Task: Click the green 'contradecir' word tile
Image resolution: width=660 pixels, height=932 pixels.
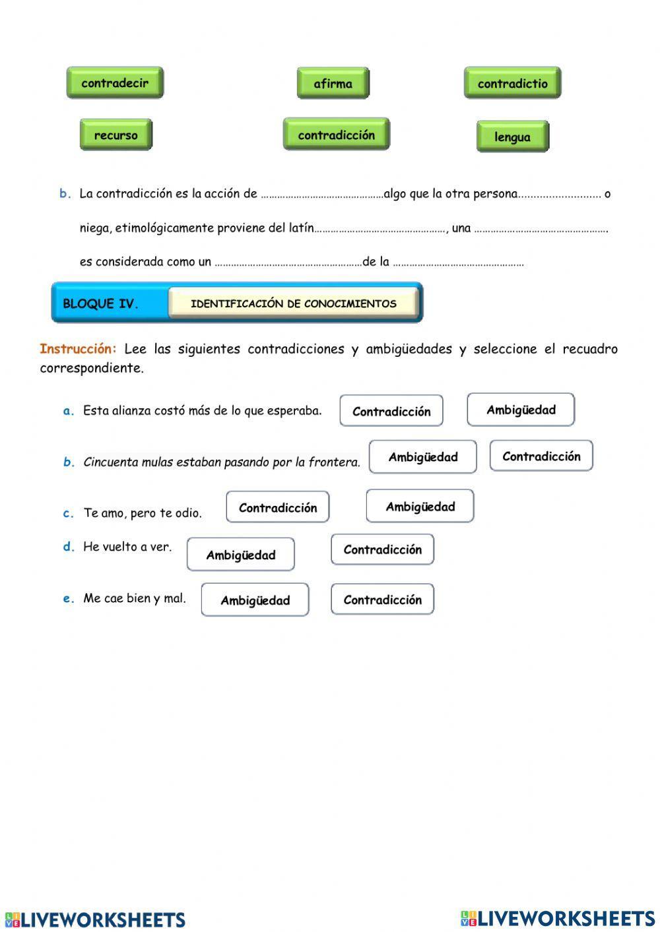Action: [x=115, y=83]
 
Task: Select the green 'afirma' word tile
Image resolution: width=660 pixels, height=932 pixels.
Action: [x=333, y=84]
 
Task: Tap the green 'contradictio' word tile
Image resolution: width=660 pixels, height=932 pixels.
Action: [x=512, y=84]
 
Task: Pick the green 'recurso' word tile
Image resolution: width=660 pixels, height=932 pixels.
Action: [x=116, y=135]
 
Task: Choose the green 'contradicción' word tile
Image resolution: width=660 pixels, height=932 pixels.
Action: [x=336, y=135]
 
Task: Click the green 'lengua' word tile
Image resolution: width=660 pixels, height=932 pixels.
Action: [x=512, y=137]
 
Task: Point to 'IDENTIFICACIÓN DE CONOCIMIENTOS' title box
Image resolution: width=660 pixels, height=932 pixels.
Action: [x=294, y=303]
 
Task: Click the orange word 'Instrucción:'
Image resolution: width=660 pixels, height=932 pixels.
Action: [x=78, y=349]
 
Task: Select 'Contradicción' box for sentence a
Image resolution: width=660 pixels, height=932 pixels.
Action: [x=391, y=412]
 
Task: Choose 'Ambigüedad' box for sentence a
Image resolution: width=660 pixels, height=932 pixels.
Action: [x=521, y=410]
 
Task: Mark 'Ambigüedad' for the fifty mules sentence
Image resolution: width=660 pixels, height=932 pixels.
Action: [x=422, y=457]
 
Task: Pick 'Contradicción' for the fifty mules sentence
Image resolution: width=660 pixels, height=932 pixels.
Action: [x=541, y=456]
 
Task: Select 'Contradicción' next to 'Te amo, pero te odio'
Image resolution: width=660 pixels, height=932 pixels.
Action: [x=278, y=508]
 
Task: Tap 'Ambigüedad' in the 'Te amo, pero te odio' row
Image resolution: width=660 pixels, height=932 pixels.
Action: [x=420, y=507]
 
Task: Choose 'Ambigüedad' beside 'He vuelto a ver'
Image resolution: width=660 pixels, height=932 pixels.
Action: [x=241, y=555]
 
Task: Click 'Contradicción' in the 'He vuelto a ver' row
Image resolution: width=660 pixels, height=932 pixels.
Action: [x=382, y=550]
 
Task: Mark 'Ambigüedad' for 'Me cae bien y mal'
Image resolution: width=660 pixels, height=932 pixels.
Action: [x=255, y=600]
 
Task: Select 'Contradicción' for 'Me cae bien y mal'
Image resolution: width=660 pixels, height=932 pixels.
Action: [x=382, y=600]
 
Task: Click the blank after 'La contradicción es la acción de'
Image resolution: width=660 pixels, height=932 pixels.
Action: [x=321, y=195]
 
